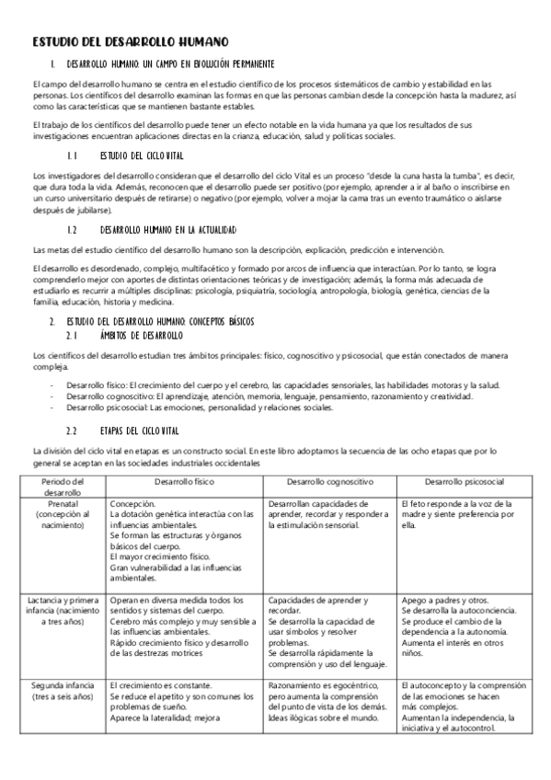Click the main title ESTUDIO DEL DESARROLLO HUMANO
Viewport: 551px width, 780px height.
click(130, 42)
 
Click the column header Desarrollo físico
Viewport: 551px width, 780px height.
click(185, 481)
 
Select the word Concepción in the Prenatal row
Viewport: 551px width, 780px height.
click(132, 503)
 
